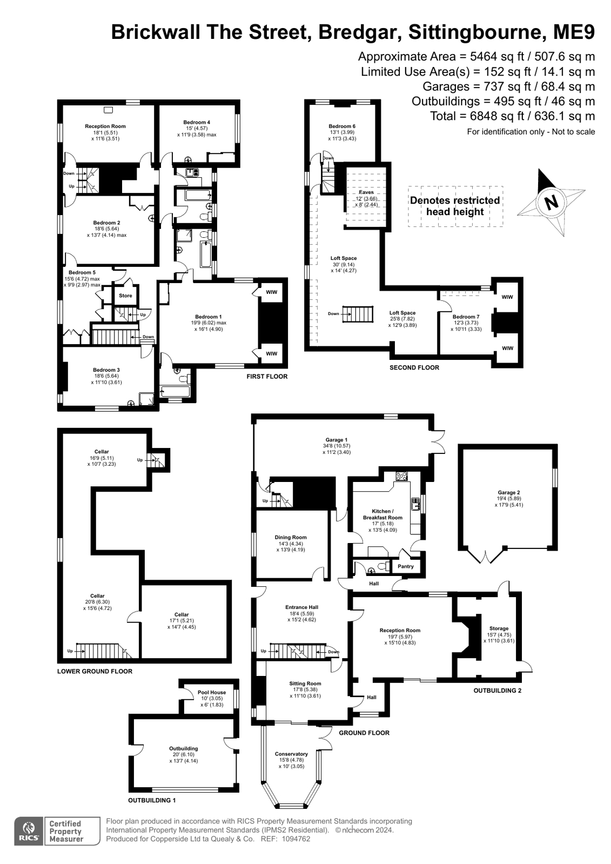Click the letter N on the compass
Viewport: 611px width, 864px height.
[552, 202]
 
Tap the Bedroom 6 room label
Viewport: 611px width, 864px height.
[342, 126]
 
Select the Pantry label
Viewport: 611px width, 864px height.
[405, 566]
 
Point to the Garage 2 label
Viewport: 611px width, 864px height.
[507, 492]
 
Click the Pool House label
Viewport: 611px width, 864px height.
[212, 692]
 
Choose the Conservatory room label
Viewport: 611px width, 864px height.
[291, 754]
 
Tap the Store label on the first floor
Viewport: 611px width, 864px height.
[125, 296]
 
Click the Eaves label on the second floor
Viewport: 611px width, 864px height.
[366, 192]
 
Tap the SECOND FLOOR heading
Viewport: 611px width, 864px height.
[414, 367]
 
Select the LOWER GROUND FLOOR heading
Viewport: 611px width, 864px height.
[95, 671]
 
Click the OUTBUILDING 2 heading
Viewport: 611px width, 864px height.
[497, 691]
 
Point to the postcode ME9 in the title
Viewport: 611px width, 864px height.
[574, 32]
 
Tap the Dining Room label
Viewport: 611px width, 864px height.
[291, 537]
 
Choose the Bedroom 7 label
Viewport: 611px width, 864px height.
[466, 317]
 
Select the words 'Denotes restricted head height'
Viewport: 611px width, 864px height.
[455, 206]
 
